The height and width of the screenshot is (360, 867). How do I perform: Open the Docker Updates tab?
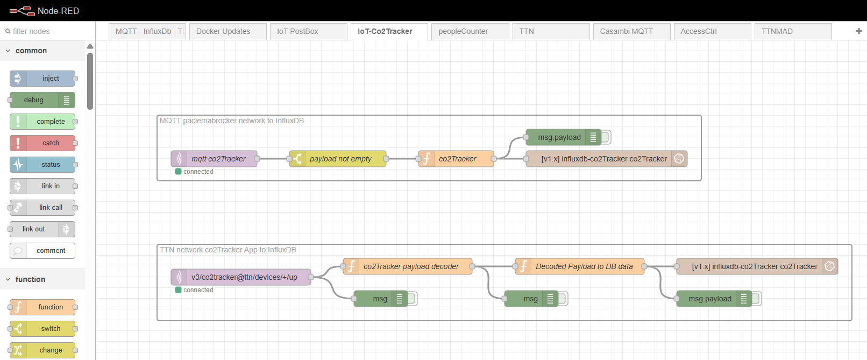coord(223,31)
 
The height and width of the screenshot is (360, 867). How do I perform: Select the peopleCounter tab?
coord(463,31)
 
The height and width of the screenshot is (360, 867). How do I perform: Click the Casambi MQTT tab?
coord(627,31)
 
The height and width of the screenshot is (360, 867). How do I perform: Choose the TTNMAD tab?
coord(777,31)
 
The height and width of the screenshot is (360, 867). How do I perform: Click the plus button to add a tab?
coord(859,31)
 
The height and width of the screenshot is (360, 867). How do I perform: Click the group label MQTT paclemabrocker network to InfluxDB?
coord(232,121)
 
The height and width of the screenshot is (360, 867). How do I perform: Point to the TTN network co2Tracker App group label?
coord(228,250)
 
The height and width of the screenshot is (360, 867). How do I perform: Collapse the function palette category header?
coord(30,279)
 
